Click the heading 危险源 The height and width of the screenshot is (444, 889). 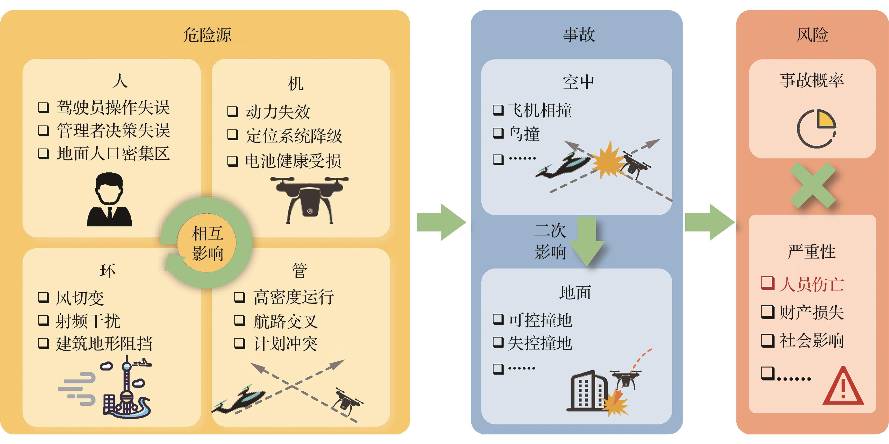tap(207, 35)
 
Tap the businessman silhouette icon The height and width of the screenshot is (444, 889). tap(109, 200)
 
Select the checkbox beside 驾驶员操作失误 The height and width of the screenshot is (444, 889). tap(43, 107)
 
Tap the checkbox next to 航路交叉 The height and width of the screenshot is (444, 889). tap(239, 321)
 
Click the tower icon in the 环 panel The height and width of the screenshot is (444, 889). tap(127, 387)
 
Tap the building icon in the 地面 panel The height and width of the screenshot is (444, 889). tap(587, 392)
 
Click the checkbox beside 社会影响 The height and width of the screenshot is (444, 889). tap(767, 340)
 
